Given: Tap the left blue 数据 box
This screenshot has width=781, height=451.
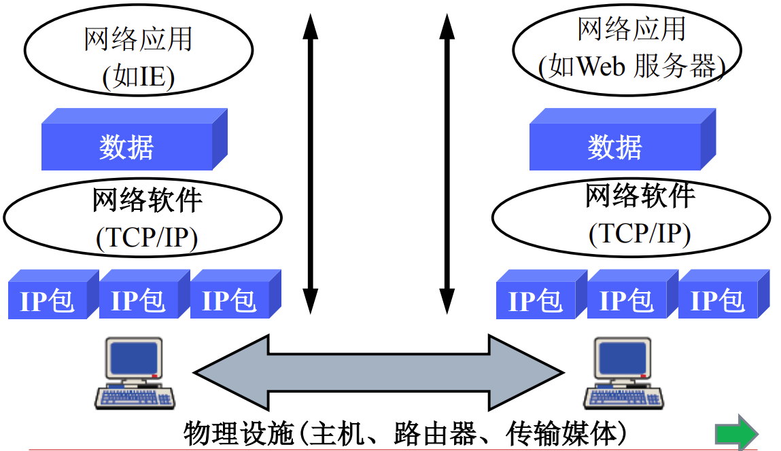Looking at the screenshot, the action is point(135,139).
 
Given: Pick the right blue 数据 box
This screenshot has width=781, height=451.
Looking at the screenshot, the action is point(623,139).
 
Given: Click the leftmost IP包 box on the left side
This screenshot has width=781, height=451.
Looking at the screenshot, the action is point(53,294).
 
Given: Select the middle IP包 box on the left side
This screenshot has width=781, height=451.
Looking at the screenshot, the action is point(145,294).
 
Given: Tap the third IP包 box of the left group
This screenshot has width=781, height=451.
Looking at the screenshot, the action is point(236,294).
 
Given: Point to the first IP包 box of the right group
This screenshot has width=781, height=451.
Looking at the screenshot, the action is point(542,294).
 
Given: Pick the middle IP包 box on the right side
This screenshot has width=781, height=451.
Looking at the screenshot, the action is point(633,294).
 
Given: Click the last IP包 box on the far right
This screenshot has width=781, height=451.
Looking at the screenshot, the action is point(724,294).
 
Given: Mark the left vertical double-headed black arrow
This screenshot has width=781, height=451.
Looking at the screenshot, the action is point(311,164).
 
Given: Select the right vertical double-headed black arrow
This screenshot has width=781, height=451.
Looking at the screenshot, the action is point(447,164).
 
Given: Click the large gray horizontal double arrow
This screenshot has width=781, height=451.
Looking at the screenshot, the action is point(379,372).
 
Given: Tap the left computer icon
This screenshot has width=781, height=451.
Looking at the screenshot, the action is point(135,374).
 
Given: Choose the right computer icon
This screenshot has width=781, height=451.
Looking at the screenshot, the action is point(623,374).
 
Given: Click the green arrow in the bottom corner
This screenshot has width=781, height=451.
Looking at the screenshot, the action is point(737,433).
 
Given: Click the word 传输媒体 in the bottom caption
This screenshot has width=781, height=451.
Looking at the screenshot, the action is point(561,433).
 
